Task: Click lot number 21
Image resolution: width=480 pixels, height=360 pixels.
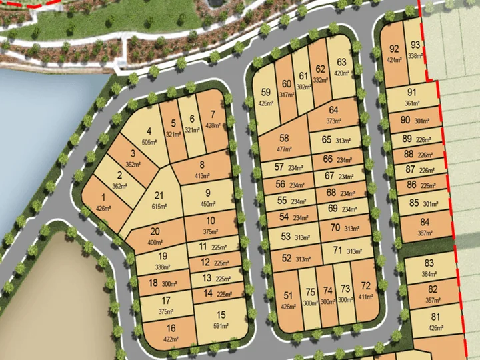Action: (x=158, y=195)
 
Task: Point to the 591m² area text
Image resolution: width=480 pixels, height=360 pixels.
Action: (x=221, y=326)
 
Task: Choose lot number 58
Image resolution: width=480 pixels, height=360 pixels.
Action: (x=285, y=138)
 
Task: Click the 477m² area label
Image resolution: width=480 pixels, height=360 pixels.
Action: (x=285, y=149)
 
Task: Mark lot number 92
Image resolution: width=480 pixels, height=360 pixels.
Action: (x=393, y=49)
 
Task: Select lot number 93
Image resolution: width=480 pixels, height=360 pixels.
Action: (x=415, y=45)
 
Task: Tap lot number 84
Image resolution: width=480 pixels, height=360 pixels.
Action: (x=425, y=222)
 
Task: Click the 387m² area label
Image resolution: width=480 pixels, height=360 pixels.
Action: (x=425, y=234)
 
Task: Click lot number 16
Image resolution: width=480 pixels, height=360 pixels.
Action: (x=171, y=327)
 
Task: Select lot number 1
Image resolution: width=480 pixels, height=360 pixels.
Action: (x=103, y=197)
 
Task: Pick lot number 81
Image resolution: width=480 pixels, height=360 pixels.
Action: (x=435, y=316)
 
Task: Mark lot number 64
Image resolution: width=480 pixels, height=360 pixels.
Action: (x=333, y=110)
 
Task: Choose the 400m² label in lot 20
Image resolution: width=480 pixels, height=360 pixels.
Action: (x=154, y=243)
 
